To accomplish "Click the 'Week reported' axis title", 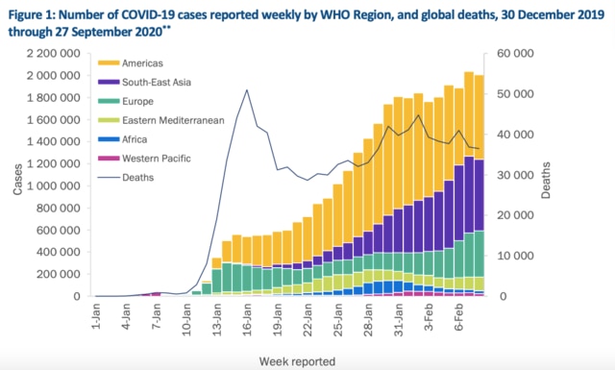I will click(x=296, y=360).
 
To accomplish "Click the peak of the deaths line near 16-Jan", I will click(x=247, y=90).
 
